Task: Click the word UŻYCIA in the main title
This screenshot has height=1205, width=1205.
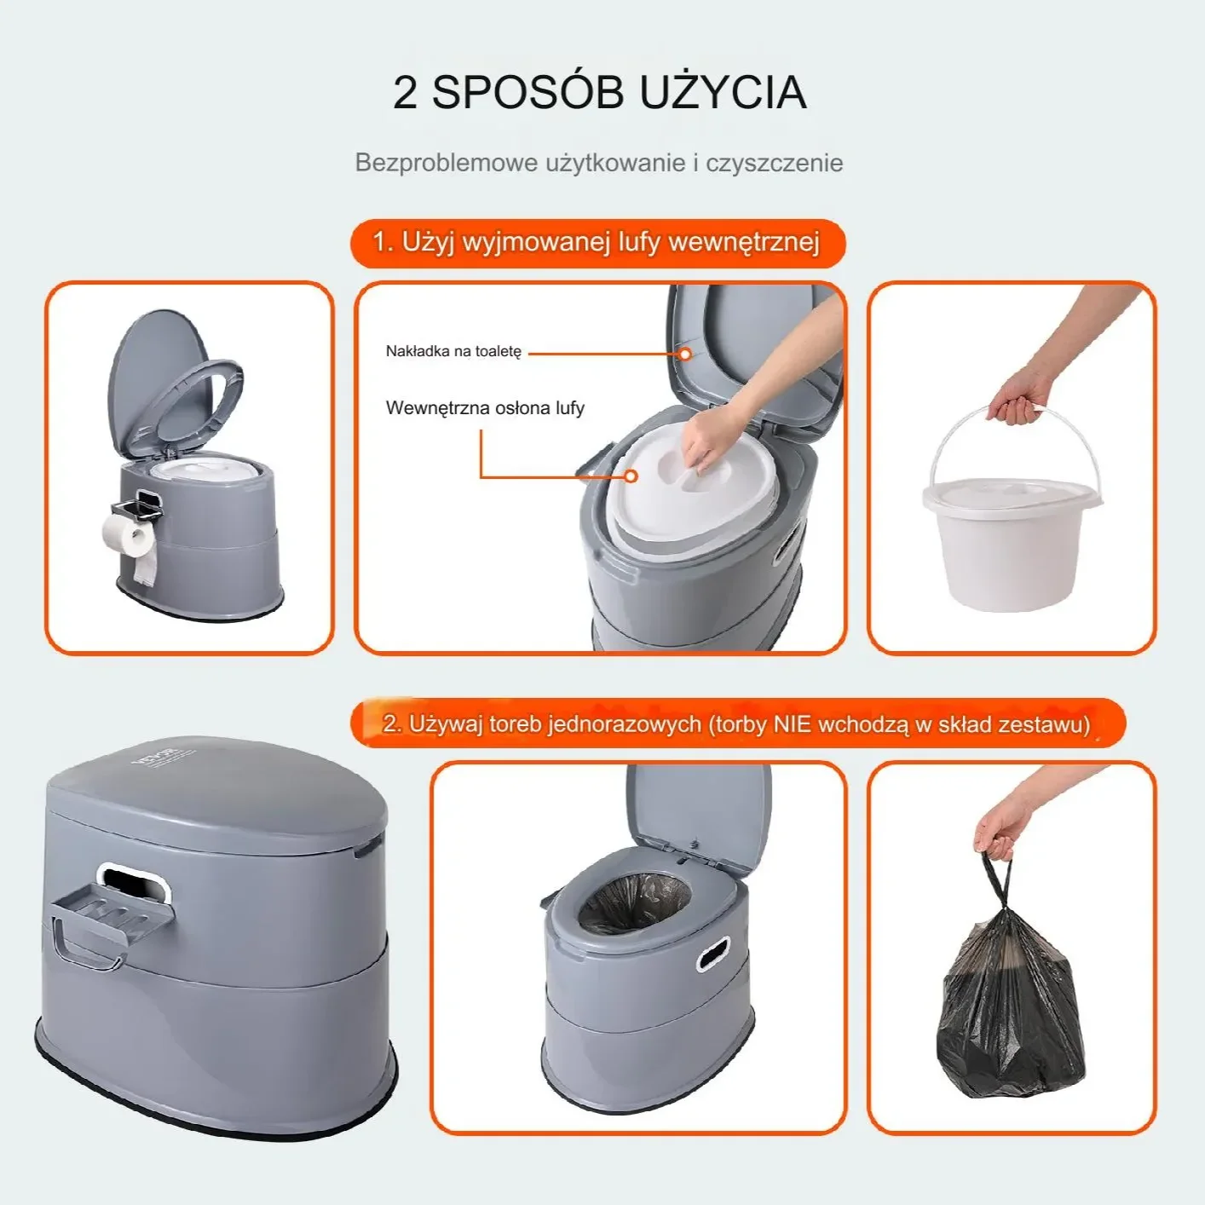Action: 723,92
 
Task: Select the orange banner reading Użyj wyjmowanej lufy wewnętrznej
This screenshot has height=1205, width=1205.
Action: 597,243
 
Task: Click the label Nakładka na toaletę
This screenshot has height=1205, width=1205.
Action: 453,351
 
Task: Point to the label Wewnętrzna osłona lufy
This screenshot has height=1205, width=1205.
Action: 485,408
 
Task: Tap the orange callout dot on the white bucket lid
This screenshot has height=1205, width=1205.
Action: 631,476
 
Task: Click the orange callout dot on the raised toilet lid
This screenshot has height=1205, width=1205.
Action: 684,353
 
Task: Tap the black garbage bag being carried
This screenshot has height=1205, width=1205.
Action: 1012,1006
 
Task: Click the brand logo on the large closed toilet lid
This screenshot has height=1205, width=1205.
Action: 158,756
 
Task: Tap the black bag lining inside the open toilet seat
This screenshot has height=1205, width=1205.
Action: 634,903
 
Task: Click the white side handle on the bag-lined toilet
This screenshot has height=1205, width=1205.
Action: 713,954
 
